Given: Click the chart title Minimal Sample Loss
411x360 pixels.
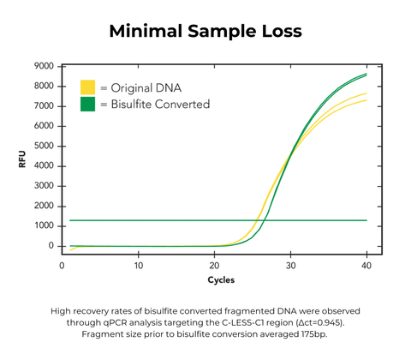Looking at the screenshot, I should coord(205,32).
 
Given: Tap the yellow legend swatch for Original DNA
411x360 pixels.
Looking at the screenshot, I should coord(87,87).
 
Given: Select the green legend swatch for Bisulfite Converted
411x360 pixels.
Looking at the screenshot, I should coord(87,104).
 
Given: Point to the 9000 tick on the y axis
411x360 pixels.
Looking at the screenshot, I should coord(45,66).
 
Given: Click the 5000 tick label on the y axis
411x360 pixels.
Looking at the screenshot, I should coord(45,146).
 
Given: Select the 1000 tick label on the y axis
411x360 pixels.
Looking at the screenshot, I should coord(45,226).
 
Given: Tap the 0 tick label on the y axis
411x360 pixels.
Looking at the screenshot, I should coord(51,246).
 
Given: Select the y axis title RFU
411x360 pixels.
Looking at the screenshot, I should coord(23,159).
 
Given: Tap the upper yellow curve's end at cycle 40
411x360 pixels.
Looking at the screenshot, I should coord(366,93).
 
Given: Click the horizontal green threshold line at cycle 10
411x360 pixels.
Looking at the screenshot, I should coord(139,220).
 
